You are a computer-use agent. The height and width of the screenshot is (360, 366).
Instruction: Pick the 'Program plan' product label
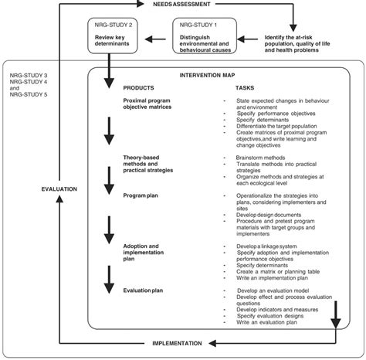pos(141,196)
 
